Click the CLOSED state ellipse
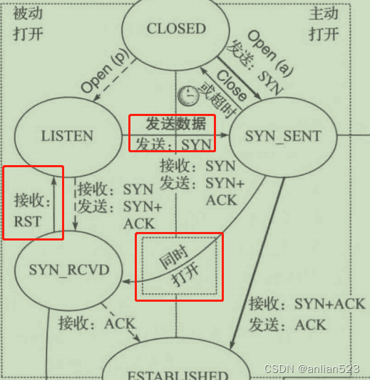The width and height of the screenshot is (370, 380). (x=175, y=29)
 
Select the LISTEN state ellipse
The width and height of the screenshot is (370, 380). (x=67, y=135)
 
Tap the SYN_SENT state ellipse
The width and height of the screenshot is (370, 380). (x=283, y=136)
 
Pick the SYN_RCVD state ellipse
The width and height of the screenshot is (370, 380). (x=68, y=270)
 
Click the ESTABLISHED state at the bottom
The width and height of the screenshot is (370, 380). (x=177, y=371)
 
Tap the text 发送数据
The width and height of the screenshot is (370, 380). (x=170, y=123)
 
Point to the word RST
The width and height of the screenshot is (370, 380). (x=28, y=221)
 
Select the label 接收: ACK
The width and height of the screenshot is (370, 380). (x=97, y=323)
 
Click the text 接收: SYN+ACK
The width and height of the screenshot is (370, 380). (x=307, y=305)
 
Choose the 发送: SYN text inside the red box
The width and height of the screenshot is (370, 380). (x=171, y=143)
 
